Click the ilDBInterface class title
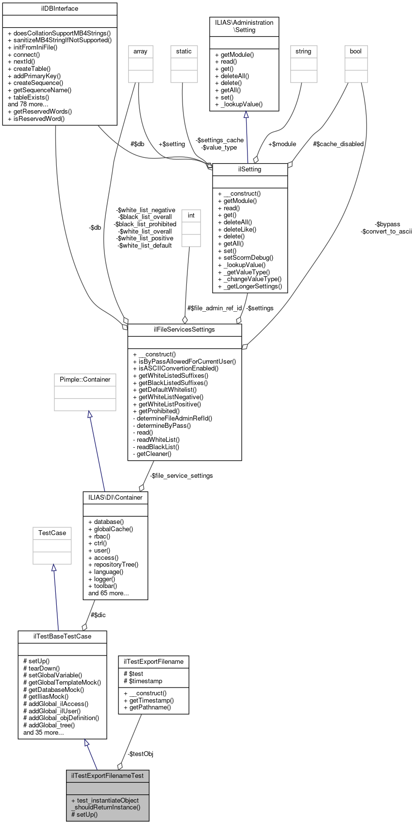60,9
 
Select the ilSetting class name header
250,169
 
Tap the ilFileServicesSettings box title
184,330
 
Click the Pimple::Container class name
85,380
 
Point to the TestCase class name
52,533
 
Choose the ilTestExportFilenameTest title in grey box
107,775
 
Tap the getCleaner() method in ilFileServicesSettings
152,454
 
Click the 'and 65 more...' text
108,593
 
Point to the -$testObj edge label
140,754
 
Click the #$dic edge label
98,615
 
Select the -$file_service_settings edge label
181,476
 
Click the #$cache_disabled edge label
338,144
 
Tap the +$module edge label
282,144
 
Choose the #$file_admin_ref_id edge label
215,308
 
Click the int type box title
191,216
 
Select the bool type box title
356,51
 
